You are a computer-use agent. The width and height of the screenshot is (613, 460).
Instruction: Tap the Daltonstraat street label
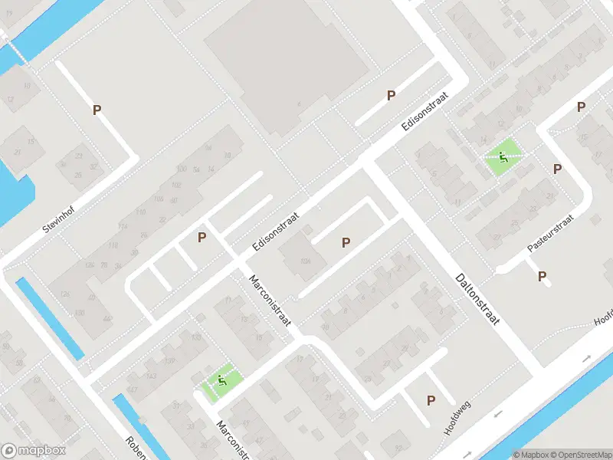[x=477, y=299]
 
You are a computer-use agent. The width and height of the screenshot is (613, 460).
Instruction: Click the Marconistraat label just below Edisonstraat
[x=269, y=304]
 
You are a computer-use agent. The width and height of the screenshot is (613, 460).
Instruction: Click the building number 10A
[x=306, y=261]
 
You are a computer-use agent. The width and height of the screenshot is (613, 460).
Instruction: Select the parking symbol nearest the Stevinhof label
[x=97, y=110]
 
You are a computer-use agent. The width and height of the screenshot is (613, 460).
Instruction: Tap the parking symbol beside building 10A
[x=346, y=242]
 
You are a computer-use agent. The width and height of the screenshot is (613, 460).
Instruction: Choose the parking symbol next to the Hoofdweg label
[x=431, y=400]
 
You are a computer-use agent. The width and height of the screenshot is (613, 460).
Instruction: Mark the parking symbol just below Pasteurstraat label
[x=543, y=276]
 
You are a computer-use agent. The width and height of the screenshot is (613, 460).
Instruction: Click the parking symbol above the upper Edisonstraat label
[x=391, y=95]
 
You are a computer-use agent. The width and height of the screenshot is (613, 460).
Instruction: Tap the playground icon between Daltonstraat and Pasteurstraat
[x=503, y=159]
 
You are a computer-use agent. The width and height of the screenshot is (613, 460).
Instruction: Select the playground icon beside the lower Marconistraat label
[x=222, y=380]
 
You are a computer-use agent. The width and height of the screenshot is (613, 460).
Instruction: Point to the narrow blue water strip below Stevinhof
[x=50, y=318]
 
